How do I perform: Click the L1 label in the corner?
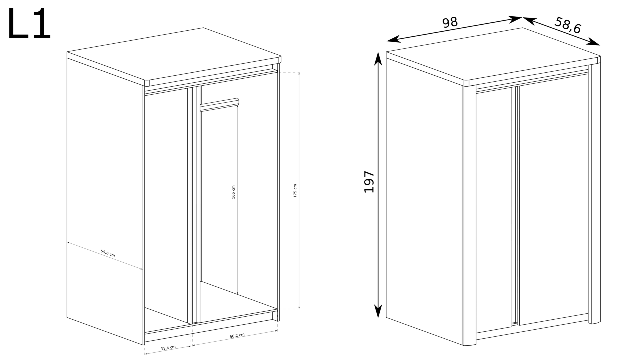coord(29,24)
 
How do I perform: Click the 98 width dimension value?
coord(450,22)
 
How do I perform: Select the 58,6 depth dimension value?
coord(568,25)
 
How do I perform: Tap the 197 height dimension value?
coord(369,182)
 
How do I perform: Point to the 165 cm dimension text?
coord(233,192)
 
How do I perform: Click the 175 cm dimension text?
coord(295,191)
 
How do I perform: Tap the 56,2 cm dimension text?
coord(237,336)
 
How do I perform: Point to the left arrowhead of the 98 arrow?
coord(393,40)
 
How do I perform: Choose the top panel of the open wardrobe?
coord(174,55)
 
